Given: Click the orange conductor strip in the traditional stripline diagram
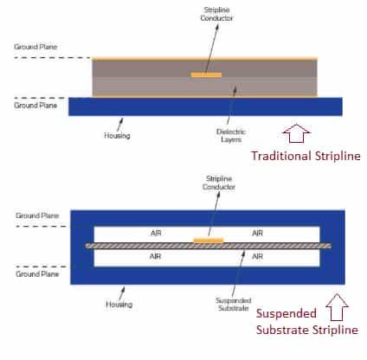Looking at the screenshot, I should (x=206, y=74).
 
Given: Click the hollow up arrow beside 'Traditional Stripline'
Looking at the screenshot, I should (x=295, y=133).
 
